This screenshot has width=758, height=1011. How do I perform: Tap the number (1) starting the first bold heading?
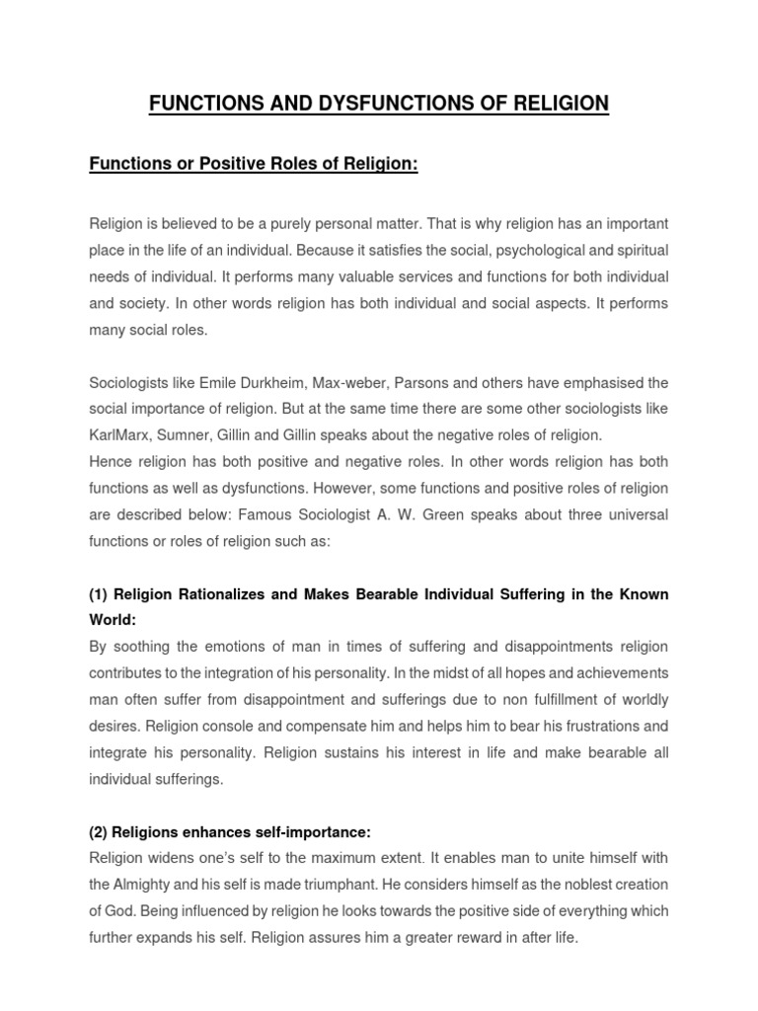pyautogui.click(x=99, y=594)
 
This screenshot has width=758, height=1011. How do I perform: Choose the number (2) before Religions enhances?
pyautogui.click(x=99, y=806)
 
